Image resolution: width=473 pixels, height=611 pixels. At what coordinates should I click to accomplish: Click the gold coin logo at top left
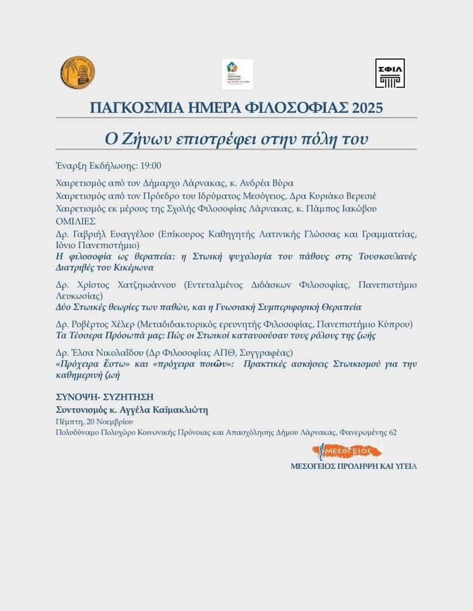pos(77,73)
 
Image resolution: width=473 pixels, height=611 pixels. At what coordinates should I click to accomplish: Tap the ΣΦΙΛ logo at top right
pos(389,73)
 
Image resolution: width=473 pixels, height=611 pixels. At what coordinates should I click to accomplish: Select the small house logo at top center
pos(237,74)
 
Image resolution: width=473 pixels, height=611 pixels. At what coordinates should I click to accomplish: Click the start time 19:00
pos(150,165)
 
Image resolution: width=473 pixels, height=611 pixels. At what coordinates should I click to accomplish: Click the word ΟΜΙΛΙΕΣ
pos(75,221)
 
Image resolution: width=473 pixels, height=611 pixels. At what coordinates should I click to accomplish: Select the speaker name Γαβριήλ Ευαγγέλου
pos(113,234)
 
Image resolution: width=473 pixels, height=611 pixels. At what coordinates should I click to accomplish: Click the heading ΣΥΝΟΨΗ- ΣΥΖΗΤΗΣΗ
pos(105,397)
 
